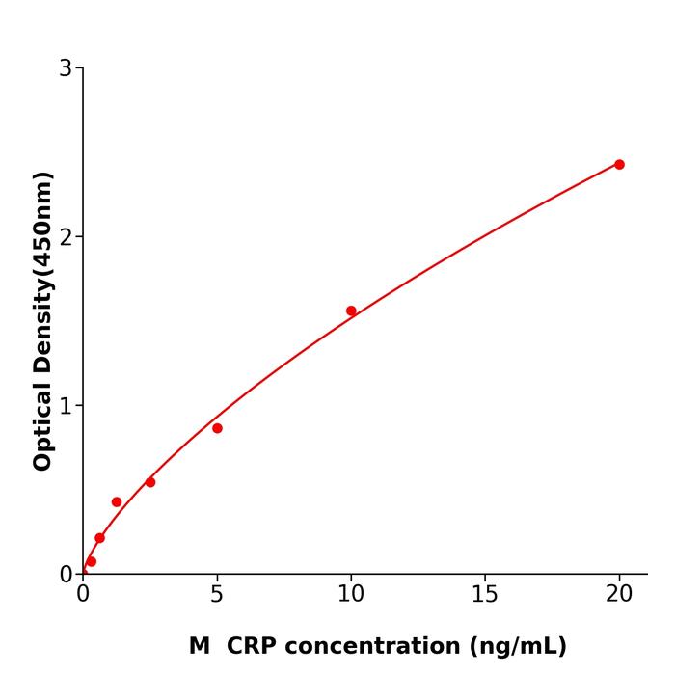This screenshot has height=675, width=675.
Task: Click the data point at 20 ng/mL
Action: click(x=619, y=165)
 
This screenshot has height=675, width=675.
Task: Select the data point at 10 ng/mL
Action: click(x=351, y=310)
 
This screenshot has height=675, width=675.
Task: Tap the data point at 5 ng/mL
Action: click(x=217, y=428)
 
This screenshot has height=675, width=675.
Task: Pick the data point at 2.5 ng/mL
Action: click(x=150, y=482)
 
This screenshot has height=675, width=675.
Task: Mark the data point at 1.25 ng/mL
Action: click(x=117, y=502)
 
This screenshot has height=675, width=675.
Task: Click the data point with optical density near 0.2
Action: click(x=99, y=538)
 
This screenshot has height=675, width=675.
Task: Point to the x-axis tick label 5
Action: click(x=217, y=595)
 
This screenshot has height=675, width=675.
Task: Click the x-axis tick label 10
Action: click(x=351, y=595)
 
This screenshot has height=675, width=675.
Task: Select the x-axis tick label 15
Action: click(x=485, y=595)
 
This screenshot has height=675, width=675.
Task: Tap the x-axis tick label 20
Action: click(x=619, y=595)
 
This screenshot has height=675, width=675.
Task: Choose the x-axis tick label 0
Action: click(x=83, y=595)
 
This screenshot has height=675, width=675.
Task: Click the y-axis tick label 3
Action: click(x=66, y=68)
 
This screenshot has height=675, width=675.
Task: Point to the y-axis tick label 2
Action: click(x=66, y=237)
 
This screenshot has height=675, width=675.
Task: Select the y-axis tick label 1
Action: click(x=66, y=406)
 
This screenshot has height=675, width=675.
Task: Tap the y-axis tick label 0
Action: click(x=66, y=575)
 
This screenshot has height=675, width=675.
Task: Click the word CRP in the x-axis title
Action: click(x=257, y=646)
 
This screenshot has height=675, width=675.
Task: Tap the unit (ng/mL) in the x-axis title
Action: click(x=517, y=646)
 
